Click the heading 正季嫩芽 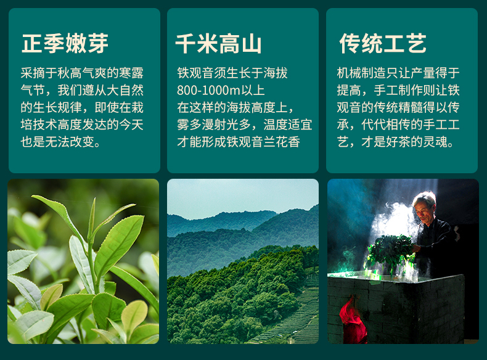[65, 43]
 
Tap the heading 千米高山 [219, 44]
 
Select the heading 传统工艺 [383, 43]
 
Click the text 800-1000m [209, 91]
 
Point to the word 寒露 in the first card [131, 73]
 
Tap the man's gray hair [425, 197]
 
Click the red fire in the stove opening [353, 318]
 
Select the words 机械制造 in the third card [361, 73]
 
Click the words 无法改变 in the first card [70, 142]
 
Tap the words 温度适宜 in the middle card [288, 125]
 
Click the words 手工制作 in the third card [398, 91]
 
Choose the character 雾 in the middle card [183, 125]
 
